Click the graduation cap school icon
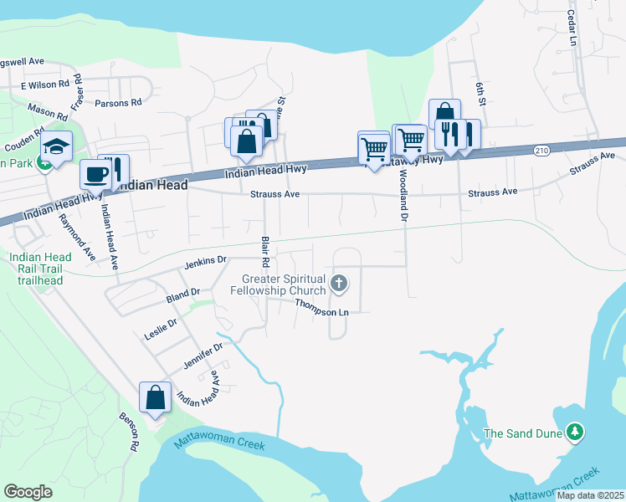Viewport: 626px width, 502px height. [x=56, y=147]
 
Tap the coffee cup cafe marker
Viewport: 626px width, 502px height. [x=95, y=175]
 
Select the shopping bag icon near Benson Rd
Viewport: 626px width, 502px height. [x=156, y=397]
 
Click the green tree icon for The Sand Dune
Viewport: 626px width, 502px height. [x=574, y=433]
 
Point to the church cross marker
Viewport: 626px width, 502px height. [x=339, y=284]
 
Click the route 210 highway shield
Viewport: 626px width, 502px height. [x=541, y=150]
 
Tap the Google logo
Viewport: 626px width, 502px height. [x=28, y=491]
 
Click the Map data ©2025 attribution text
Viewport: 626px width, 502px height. [x=590, y=495]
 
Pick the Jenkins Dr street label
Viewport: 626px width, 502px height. [x=205, y=262]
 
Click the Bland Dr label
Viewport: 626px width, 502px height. [x=183, y=293]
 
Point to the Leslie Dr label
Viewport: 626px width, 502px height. [x=161, y=322]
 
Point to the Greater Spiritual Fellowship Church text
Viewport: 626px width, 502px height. [x=284, y=284]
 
